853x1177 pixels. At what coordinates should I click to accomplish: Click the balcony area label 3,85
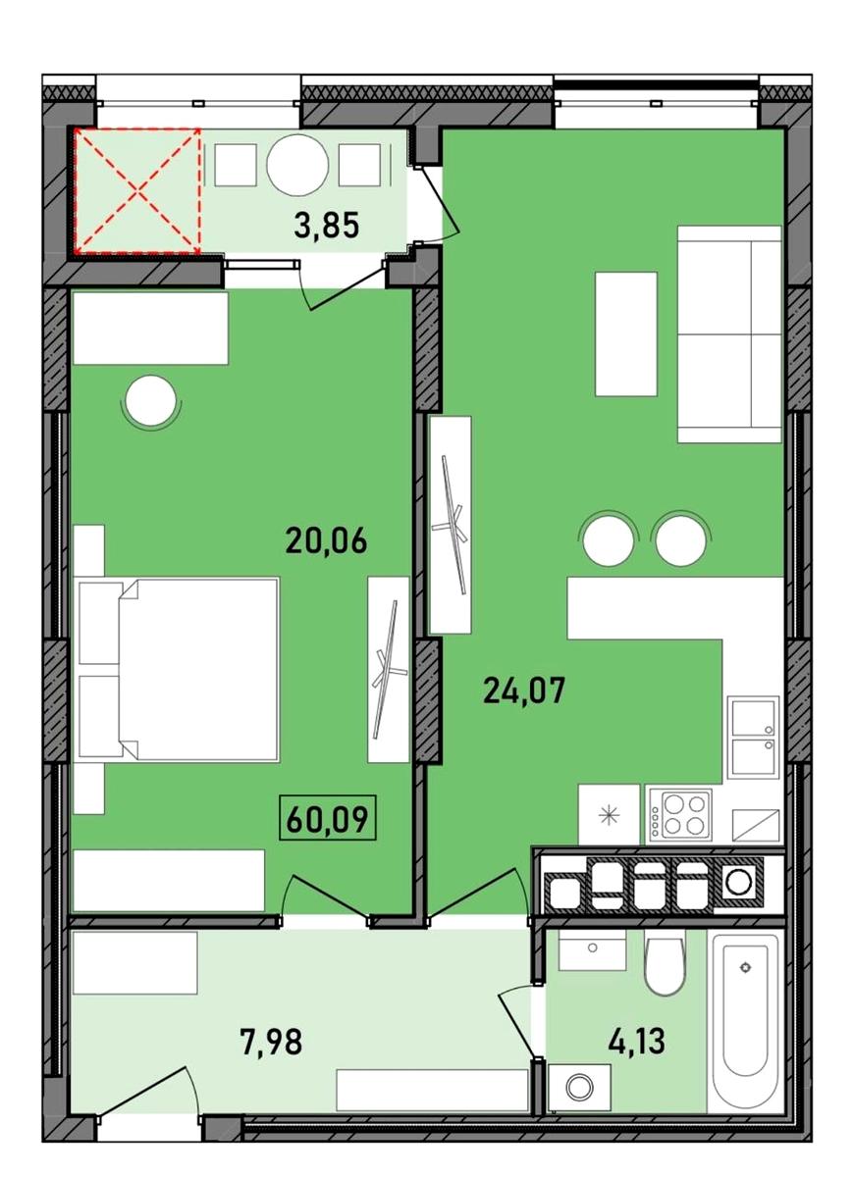pyautogui.click(x=327, y=226)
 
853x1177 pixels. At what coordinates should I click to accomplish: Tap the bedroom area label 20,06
pyautogui.click(x=326, y=540)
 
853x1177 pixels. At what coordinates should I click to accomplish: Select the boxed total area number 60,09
pyautogui.click(x=327, y=820)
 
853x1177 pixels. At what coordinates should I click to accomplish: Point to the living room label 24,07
pyautogui.click(x=524, y=690)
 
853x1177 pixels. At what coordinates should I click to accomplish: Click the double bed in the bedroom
pyautogui.click(x=179, y=669)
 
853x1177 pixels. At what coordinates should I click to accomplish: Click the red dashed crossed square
pyautogui.click(x=137, y=190)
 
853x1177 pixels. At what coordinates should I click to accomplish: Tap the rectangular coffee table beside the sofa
pyautogui.click(x=626, y=333)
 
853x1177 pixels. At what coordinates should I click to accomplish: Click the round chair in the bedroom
pyautogui.click(x=151, y=402)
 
